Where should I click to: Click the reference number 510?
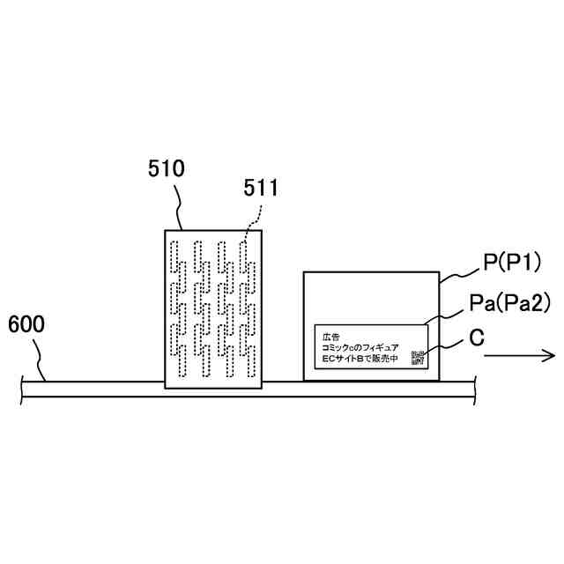tap(167, 169)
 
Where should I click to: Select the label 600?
tap(26, 324)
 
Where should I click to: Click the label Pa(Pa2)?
tap(509, 304)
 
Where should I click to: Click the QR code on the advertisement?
tap(418, 358)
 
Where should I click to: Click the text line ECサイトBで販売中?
tap(360, 360)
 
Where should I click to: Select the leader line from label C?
tap(445, 345)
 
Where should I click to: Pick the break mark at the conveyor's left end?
tap(21, 389)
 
